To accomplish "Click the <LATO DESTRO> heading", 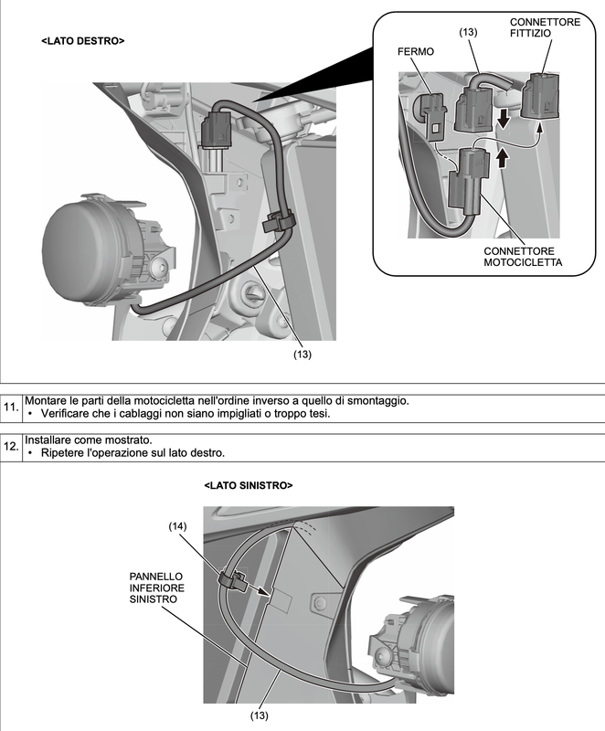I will (x=83, y=41).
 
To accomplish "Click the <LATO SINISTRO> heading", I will (x=249, y=485).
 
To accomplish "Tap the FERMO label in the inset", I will (x=416, y=53).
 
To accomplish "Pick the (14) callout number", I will (x=180, y=528).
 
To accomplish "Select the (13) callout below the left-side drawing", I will (x=260, y=715).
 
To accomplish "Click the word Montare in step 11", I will (x=49, y=401).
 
